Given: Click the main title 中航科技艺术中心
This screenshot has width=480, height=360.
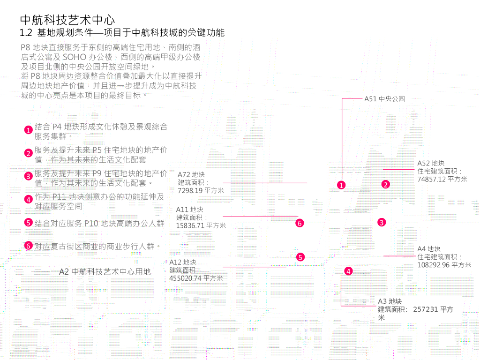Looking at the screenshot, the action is [67, 20].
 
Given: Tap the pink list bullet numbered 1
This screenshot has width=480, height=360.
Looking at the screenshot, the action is [29, 130].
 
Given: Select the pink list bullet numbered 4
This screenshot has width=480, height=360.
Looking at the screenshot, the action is [29, 199].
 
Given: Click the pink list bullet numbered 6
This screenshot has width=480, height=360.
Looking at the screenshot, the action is [29, 246].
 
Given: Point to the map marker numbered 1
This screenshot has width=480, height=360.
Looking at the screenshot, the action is [341, 185].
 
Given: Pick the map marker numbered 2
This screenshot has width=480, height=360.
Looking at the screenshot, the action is [385, 184].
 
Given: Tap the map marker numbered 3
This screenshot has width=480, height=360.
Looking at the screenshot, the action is [382, 222].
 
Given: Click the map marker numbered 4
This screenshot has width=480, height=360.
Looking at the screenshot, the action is [348, 271].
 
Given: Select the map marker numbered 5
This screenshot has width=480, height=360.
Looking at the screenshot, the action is [300, 256].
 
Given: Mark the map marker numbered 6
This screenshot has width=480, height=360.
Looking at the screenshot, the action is [300, 223].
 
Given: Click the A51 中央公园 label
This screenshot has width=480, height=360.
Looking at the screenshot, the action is [384, 99].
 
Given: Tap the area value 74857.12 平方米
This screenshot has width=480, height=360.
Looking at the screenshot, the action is [442, 179].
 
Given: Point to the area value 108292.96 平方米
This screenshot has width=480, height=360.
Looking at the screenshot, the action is [444, 265].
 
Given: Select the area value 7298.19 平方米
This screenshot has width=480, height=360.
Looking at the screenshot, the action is [201, 190].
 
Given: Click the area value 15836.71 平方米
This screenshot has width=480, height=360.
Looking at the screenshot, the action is [201, 225].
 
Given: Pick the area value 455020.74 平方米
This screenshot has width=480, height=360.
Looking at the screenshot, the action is [196, 278].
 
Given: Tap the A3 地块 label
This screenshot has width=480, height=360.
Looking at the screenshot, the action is [390, 301].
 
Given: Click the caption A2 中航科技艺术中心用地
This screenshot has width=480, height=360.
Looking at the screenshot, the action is [105, 271].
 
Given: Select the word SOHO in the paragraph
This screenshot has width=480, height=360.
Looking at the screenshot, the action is [74, 57].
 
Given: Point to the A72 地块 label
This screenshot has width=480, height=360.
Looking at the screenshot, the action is [191, 174].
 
